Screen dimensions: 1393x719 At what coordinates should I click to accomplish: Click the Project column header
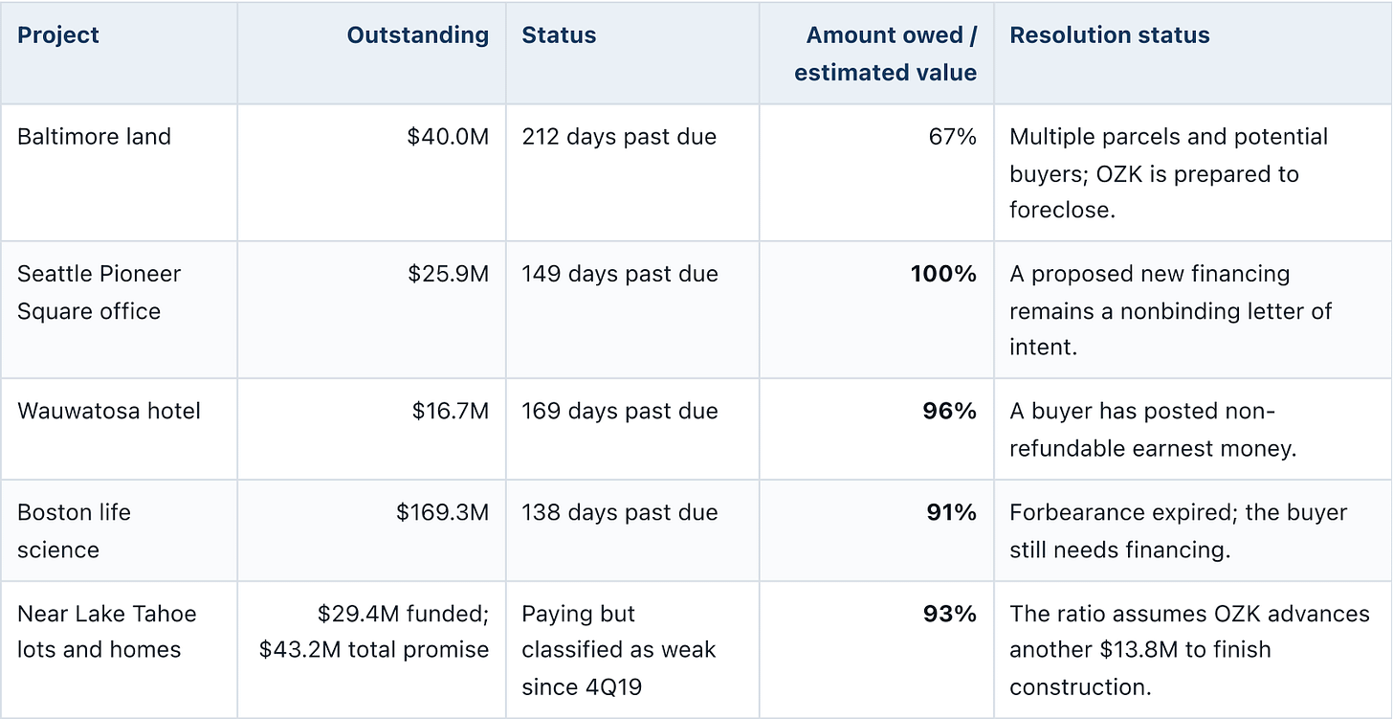coord(57,35)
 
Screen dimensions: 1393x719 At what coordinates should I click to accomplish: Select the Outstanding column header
coord(418,34)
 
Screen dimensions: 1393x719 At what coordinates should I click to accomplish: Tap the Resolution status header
coord(1110,34)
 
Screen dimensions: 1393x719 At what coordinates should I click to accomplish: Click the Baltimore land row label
coord(94,136)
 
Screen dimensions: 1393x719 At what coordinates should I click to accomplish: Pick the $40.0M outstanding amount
coord(448,136)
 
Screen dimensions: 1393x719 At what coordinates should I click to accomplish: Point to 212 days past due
coord(619,137)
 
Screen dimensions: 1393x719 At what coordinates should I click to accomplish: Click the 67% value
coord(952,136)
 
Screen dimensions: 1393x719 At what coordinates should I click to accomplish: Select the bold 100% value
coord(943,273)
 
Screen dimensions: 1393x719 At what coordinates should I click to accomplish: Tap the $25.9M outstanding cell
coord(449,273)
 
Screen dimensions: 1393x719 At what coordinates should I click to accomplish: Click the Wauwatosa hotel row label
coord(109,411)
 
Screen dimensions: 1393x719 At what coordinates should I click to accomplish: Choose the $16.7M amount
coord(451,411)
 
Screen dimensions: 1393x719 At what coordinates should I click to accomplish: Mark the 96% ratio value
coord(949,411)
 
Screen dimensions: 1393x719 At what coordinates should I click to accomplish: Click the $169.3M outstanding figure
coord(442,512)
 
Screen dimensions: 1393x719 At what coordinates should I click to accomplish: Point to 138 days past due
coord(619,513)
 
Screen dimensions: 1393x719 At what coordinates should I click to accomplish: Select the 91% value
coord(951,512)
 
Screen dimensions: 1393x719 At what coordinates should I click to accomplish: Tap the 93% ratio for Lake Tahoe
coord(950,614)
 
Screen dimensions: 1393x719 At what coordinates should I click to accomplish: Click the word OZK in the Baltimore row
coord(1118,174)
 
